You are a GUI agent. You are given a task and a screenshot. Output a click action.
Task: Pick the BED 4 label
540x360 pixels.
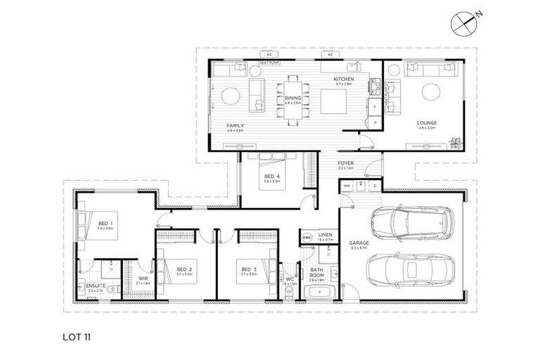(270, 176)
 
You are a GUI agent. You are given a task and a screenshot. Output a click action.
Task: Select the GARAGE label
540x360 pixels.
(359, 243)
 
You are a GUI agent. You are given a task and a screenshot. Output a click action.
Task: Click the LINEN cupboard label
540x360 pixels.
(324, 236)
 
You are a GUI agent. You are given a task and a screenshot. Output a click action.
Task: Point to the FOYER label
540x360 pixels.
(346, 164)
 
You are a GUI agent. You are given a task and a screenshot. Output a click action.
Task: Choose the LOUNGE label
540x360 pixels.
(426, 122)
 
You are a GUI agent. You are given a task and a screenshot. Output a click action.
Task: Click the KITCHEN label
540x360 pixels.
(345, 79)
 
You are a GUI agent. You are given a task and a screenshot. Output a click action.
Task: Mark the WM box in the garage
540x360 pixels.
(346, 186)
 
